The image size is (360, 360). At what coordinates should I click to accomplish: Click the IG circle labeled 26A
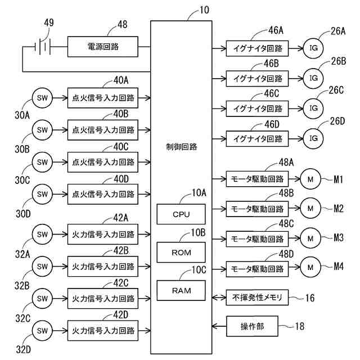coord(313,47)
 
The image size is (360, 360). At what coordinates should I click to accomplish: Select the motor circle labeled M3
coord(310,238)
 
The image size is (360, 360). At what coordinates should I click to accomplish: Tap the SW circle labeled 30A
coord(42,97)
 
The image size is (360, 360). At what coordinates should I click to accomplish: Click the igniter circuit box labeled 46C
coord(257,107)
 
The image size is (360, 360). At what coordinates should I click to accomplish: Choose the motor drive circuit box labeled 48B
coord(257,209)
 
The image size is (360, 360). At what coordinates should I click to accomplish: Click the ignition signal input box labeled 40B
coord(103,129)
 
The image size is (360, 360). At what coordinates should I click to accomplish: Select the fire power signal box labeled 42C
coord(103,298)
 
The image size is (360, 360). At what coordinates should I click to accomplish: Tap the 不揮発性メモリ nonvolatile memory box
coord(257,296)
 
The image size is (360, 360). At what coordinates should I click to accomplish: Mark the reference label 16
coord(309,297)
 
